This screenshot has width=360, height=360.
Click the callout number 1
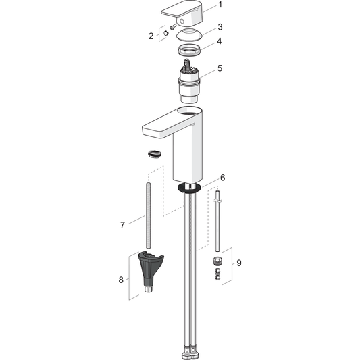(x=220, y=5)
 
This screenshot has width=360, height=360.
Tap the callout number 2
(x=151, y=36)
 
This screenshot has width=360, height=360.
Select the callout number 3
(x=220, y=27)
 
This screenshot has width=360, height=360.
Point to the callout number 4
(x=220, y=41)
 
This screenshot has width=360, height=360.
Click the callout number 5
(x=220, y=68)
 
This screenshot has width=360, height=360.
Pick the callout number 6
(x=222, y=178)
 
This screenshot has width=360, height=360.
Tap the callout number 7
(x=122, y=225)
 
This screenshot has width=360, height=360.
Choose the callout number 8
(x=121, y=280)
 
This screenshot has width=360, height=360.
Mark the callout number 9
(x=239, y=263)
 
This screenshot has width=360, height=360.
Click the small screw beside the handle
(x=172, y=27)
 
